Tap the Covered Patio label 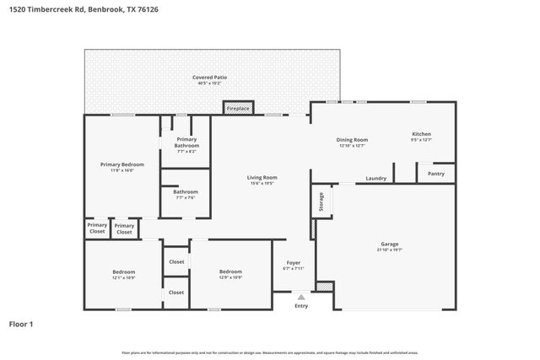click(209, 77)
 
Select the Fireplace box click(238, 108)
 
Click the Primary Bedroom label click(121, 164)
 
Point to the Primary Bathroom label click(186, 142)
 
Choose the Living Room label click(262, 177)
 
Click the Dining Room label click(354, 139)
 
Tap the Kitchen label click(421, 134)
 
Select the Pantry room click(435, 173)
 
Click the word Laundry click(375, 178)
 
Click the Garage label click(389, 244)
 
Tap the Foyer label click(294, 263)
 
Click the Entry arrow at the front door click(301, 296)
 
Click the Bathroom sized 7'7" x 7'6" click(186, 194)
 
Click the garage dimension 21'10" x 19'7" click(389, 250)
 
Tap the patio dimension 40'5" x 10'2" click(209, 83)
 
